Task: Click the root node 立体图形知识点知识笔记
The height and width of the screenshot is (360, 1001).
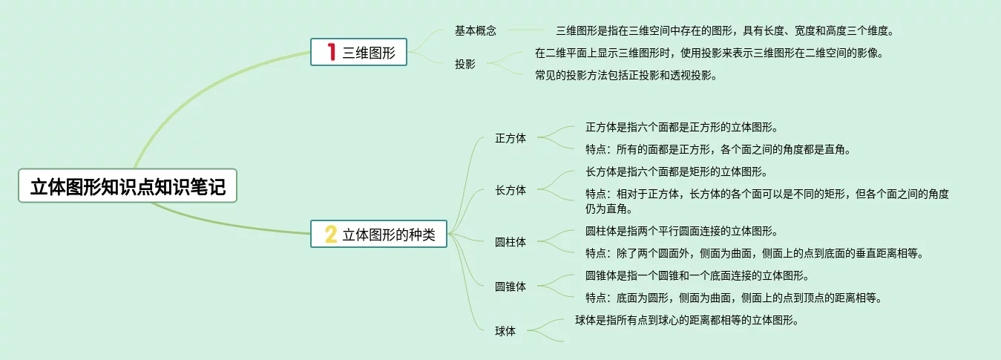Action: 127,186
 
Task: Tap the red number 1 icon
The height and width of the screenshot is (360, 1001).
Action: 332,52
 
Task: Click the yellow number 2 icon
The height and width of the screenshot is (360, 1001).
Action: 331,235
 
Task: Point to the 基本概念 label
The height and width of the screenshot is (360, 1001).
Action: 476,31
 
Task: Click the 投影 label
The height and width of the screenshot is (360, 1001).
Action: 465,64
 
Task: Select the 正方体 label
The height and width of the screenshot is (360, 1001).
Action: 511,138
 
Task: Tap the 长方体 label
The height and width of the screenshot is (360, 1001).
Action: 511,190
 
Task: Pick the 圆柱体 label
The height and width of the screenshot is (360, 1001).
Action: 511,242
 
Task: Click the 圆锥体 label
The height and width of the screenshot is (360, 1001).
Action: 511,287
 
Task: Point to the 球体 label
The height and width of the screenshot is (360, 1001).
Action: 505,331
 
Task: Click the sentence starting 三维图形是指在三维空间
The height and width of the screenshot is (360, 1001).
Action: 725,31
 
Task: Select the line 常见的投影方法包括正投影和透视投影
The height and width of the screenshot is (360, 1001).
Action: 626,75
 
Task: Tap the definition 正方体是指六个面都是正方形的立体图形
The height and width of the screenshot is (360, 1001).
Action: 681,128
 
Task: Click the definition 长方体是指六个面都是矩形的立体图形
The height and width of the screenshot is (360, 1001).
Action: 676,172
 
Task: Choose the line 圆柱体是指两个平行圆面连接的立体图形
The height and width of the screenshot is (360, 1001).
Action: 681,232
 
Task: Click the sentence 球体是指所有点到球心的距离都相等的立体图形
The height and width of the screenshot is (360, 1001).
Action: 686,321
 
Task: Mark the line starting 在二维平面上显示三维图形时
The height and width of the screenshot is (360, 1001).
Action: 709,53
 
